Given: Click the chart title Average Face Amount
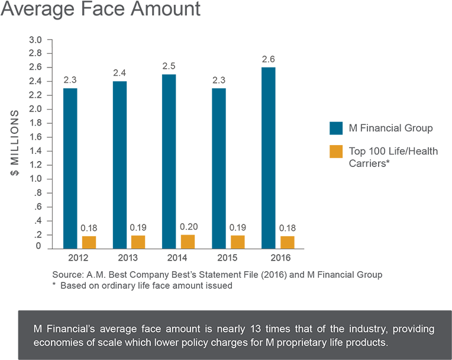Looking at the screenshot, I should (101, 10).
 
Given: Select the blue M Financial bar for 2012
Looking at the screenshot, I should (70, 168).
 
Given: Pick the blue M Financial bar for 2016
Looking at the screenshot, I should (268, 157).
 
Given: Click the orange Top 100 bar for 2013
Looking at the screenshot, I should (138, 241).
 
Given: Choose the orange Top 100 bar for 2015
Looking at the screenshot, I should (237, 241).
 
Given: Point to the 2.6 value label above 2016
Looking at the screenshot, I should (268, 59).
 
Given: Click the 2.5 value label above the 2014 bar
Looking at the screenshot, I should (169, 66).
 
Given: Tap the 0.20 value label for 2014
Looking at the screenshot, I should (188, 227).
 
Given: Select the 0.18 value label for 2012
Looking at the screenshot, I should (89, 229).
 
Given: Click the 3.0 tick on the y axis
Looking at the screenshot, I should (35, 40).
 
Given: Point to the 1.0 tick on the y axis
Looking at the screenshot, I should (35, 179).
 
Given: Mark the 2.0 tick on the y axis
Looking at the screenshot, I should (35, 110).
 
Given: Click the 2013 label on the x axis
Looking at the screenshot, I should (128, 258).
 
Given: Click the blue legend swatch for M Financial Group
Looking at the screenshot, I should (336, 128).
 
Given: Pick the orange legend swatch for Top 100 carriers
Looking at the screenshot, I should (336, 152).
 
